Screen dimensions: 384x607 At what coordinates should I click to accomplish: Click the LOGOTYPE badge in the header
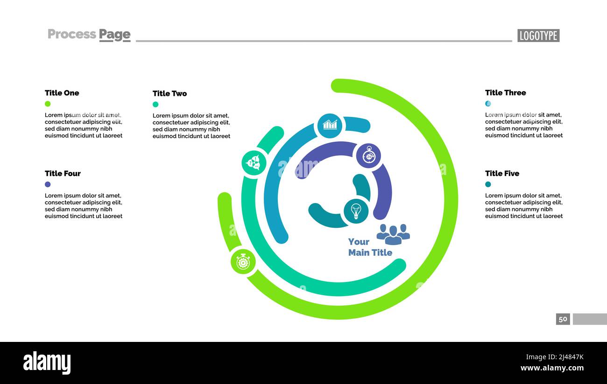538,36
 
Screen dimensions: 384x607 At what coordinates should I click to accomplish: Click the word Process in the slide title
72,34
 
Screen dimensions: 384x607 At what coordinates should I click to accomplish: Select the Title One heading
62,93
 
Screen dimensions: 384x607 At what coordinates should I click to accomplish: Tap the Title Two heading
169,94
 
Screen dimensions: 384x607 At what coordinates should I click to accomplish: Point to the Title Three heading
505,93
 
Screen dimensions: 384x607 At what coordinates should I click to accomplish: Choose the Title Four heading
63,174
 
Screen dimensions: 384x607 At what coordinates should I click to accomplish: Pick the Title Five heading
502,174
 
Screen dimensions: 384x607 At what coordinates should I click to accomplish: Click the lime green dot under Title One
48,104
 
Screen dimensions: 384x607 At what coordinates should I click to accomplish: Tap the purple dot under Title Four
48,184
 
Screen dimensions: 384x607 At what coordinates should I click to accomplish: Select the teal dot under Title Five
488,184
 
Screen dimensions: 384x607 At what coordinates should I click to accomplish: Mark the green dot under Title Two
155,104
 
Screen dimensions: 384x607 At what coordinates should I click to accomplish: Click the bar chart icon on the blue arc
330,125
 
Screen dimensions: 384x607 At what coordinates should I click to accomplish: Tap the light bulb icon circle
356,211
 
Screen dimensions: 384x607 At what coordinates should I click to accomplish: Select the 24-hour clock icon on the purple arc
368,156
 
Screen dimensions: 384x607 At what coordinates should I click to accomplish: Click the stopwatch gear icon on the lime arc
243,261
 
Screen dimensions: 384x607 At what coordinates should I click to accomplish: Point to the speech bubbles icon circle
254,163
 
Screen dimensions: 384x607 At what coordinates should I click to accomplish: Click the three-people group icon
393,234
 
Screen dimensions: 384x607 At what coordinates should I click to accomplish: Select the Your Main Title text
370,247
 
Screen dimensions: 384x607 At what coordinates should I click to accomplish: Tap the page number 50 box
563,319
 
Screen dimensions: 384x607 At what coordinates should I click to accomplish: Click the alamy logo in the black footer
47,363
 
